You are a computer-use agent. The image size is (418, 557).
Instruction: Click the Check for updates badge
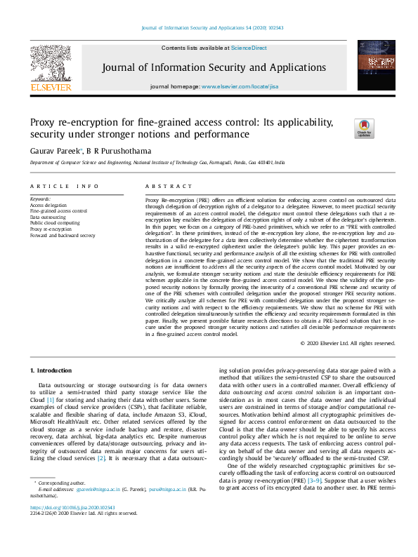(364, 128)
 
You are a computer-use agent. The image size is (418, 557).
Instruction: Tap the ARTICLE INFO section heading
(64, 186)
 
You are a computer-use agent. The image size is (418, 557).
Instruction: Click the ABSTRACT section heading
(169, 186)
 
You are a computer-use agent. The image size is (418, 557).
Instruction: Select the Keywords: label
(41, 199)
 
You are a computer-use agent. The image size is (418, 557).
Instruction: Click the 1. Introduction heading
(51, 370)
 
